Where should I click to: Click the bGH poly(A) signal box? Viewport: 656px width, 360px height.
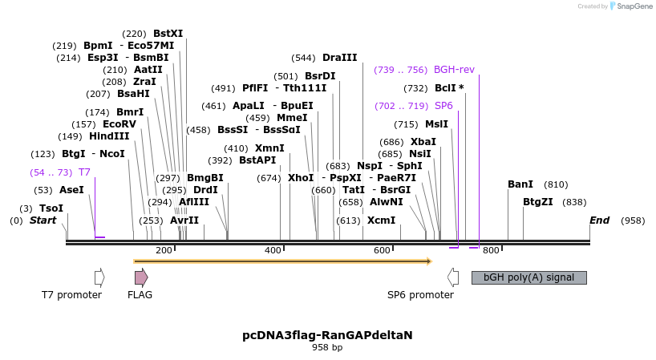(528, 277)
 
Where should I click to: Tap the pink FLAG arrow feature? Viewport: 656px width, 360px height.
(141, 277)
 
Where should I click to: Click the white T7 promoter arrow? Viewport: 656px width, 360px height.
(99, 277)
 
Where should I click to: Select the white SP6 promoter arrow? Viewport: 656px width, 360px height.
(453, 277)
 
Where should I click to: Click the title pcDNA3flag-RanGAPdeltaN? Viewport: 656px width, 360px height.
(327, 335)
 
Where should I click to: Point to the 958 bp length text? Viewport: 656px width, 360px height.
(327, 348)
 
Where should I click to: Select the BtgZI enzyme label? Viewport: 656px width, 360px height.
(538, 202)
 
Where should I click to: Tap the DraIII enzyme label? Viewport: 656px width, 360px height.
(339, 58)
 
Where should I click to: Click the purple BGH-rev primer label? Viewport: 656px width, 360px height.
(454, 70)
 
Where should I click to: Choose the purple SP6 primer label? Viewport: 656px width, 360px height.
(443, 106)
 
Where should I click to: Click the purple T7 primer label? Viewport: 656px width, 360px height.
(84, 172)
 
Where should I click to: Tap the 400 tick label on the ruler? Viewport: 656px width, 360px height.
(273, 250)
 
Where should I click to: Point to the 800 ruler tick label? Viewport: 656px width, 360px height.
(491, 250)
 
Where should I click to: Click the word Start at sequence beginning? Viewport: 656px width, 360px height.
(43, 220)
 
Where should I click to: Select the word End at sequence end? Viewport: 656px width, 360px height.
(600, 220)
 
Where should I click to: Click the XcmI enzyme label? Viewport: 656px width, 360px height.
(381, 220)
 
